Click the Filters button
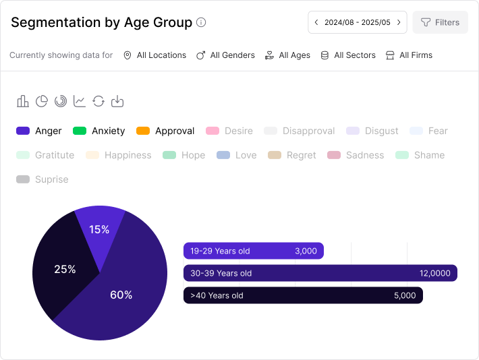click(x=440, y=22)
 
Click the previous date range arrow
click(x=316, y=22)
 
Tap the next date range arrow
click(x=399, y=22)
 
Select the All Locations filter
click(x=154, y=55)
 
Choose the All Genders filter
click(x=225, y=55)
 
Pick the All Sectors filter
click(x=347, y=55)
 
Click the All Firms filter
click(x=408, y=55)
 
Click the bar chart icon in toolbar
click(x=23, y=101)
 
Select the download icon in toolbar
click(x=117, y=101)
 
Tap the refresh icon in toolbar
click(x=98, y=101)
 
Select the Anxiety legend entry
click(x=99, y=131)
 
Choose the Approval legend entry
click(x=165, y=131)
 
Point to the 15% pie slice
click(x=99, y=229)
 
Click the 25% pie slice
click(x=64, y=269)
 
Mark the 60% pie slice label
click(x=121, y=295)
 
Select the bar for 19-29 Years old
click(x=253, y=251)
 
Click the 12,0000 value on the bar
click(x=434, y=273)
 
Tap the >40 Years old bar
click(x=303, y=295)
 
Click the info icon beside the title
click(x=201, y=22)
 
